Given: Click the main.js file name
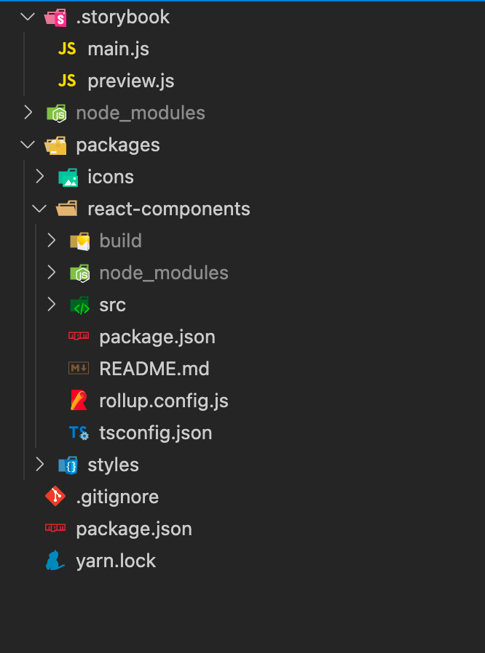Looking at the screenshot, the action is (x=118, y=49).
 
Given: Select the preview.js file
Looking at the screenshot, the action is (x=130, y=81).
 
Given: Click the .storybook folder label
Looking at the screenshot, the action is (x=122, y=17).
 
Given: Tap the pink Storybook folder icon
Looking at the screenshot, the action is (x=56, y=17).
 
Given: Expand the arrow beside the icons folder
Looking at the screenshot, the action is (x=39, y=177).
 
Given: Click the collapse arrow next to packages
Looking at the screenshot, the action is (x=28, y=145).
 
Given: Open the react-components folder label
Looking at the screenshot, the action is (x=168, y=209).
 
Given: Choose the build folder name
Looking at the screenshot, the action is (x=120, y=241).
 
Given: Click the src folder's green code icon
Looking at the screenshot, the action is (x=79, y=305).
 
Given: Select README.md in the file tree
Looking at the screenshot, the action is (x=154, y=369).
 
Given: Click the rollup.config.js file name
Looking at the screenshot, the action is (x=164, y=401).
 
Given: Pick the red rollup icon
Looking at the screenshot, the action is (x=79, y=401).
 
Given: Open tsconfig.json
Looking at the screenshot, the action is (x=155, y=433).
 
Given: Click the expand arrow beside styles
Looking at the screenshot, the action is (x=39, y=465).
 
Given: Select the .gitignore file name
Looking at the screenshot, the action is (x=117, y=497).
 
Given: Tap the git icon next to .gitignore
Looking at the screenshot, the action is (x=56, y=497).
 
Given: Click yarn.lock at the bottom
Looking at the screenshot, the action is (x=116, y=561).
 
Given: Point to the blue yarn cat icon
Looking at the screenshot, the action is (x=55, y=561).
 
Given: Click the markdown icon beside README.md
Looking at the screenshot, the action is (x=79, y=369).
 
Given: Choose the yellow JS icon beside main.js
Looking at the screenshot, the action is (x=67, y=49).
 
